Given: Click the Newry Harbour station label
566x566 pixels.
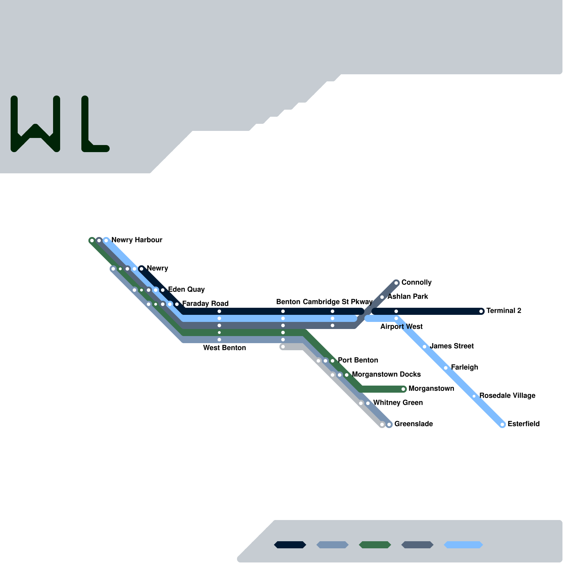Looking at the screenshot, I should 137,240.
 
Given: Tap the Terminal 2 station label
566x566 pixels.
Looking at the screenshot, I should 503,311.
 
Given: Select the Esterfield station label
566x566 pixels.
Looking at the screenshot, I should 523,424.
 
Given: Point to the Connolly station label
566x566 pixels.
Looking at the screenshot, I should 416,282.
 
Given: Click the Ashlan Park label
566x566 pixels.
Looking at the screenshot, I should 408,296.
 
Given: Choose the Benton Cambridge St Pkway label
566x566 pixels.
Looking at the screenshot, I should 324,302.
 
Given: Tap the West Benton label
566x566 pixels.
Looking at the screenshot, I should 224,348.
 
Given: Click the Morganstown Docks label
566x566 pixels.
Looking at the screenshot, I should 386,374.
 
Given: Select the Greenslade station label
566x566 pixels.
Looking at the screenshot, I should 414,424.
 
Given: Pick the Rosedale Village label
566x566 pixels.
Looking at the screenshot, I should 507,395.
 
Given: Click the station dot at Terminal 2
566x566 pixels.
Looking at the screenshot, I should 481,311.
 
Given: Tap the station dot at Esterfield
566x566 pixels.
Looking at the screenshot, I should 502,424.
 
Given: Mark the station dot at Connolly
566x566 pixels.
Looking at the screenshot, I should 396,283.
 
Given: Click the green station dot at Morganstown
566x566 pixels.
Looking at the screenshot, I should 403,389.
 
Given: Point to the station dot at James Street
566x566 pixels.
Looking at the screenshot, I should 424,347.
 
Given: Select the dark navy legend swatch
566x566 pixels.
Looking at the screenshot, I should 290,545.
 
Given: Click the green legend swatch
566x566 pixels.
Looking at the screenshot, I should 375,545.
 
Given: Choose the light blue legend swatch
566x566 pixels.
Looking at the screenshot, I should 463,545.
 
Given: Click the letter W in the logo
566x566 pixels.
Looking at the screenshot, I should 35,124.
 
